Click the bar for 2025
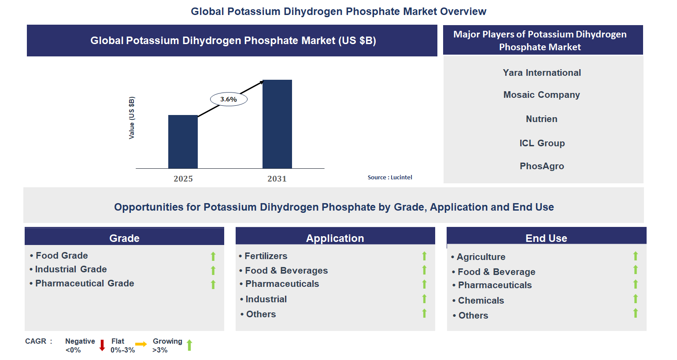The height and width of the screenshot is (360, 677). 183,141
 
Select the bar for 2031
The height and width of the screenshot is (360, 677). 277,124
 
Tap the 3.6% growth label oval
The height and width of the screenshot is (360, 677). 229,99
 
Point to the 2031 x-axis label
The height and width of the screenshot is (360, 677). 277,178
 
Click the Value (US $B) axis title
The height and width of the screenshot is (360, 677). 132,118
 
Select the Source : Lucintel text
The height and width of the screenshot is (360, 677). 390,177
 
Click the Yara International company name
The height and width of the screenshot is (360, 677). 542,73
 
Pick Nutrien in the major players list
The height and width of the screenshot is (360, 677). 542,119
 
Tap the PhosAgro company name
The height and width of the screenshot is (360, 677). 542,166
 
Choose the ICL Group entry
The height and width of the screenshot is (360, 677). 542,143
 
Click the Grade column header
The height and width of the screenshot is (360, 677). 124,238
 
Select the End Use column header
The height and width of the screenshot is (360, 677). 546,238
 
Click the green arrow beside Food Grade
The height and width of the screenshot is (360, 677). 213,256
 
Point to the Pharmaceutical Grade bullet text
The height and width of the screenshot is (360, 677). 85,283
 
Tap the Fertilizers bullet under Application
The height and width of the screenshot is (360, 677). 266,256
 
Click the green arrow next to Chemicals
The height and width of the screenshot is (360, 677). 636,299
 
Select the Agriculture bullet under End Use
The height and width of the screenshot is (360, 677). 481,257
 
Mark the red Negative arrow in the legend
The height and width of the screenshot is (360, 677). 102,345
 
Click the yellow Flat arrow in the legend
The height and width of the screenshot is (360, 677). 141,344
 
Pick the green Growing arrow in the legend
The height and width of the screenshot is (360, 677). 189,345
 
